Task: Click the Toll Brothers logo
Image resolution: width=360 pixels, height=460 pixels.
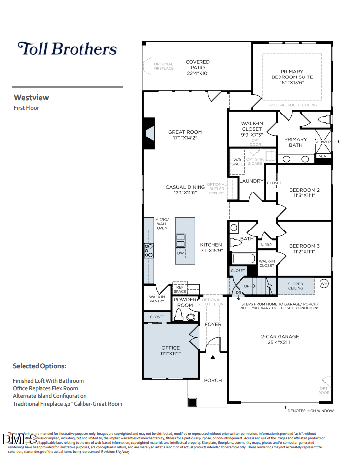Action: [67, 49]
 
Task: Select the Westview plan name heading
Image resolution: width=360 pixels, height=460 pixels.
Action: [31, 97]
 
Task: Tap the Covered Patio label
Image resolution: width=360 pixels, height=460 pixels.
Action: [198, 62]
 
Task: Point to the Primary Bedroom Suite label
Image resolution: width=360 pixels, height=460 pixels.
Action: [292, 74]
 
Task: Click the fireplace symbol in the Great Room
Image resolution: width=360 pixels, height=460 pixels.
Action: [149, 133]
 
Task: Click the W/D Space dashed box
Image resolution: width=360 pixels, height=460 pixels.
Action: [237, 162]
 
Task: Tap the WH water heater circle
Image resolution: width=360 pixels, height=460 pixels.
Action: [324, 284]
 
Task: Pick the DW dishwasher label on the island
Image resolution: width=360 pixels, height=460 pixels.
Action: [180, 253]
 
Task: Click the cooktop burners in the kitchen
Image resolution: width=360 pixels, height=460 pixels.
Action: [148, 250]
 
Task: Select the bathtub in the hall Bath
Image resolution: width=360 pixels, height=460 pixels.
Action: [242, 258]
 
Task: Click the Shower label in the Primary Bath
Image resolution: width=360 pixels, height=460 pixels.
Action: [322, 142]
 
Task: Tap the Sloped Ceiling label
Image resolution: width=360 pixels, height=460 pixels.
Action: [296, 286]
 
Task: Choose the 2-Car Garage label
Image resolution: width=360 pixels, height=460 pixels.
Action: [280, 337]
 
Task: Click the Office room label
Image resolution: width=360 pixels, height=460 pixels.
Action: [170, 348]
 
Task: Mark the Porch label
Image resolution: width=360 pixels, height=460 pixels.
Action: [213, 380]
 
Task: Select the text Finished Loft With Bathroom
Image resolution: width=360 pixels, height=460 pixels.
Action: [48, 381]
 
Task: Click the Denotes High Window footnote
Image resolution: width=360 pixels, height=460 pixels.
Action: [311, 411]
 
